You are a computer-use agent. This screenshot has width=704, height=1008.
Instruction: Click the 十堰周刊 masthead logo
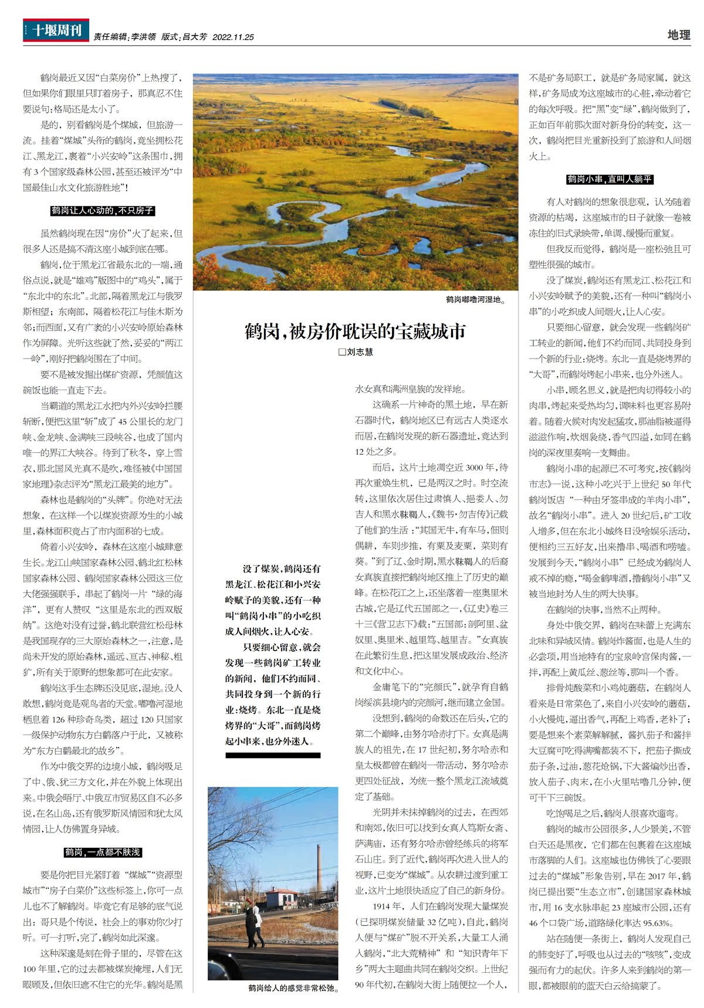pos(56,30)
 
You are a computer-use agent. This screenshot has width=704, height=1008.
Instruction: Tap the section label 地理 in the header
pos(679,35)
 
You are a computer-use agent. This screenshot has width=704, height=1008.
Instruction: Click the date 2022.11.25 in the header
pos(233,37)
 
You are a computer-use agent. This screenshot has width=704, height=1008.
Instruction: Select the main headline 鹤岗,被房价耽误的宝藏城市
pos(355,332)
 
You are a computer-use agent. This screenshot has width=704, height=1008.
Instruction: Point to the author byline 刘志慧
pos(360,352)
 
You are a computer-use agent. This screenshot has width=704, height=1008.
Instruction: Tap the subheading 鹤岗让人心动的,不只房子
pos(103,210)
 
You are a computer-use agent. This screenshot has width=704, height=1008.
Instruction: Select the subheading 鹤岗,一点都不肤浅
pos(103,852)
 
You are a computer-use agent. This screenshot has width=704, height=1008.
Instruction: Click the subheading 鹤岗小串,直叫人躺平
pos(610,179)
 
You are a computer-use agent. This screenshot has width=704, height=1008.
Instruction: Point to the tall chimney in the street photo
pos(319,869)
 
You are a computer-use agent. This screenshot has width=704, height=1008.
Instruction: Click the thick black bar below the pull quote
pos(273,755)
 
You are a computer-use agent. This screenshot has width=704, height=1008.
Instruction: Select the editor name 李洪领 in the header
pos(143,37)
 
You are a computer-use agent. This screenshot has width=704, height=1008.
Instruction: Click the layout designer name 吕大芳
pos(195,37)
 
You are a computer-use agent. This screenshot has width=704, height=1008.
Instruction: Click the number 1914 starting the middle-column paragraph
pos(381,906)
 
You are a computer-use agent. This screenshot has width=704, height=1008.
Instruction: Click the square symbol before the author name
pos(342,352)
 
